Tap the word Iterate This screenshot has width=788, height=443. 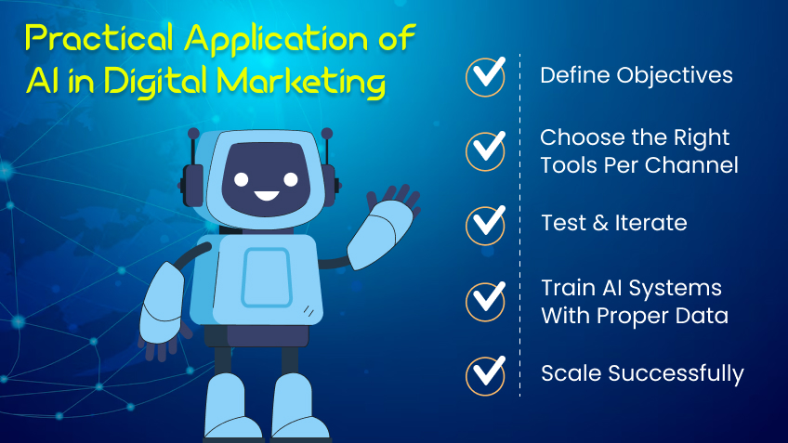point(650,223)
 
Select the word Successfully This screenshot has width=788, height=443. point(676,373)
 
